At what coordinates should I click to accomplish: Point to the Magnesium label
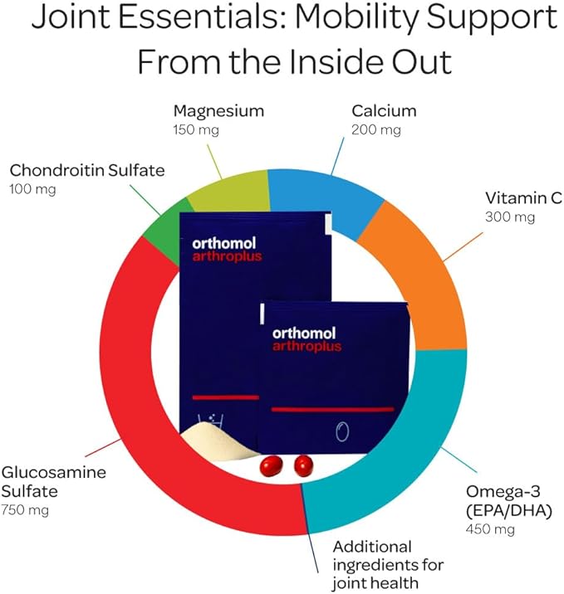tap(218, 110)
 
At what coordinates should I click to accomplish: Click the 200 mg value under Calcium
tap(376, 129)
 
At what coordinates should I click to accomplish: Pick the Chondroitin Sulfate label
tap(87, 171)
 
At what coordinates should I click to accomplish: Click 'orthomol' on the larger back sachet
tap(228, 243)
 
